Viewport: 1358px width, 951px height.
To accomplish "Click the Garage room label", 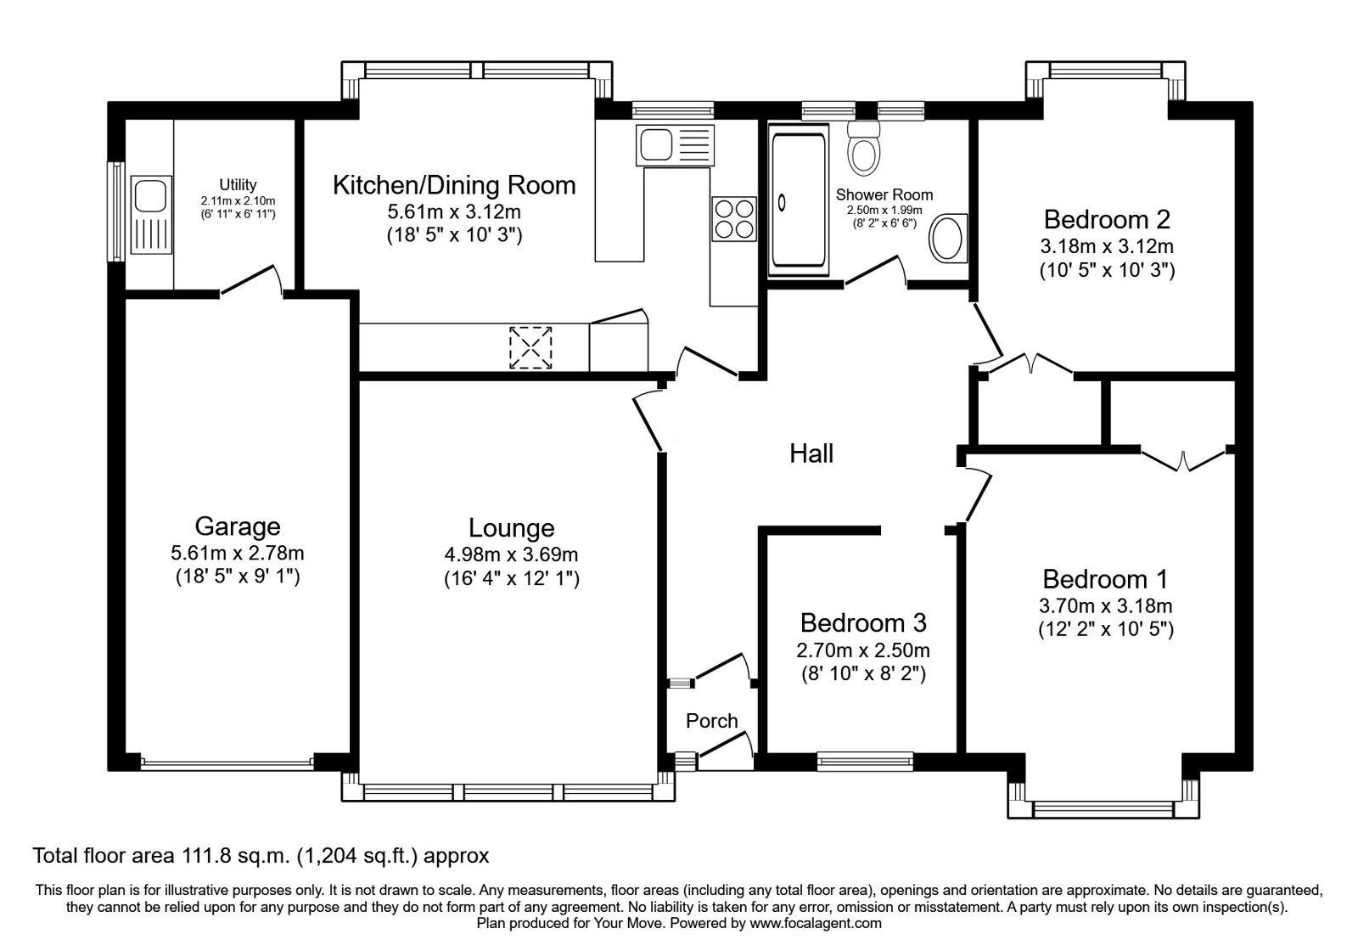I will tap(237, 526).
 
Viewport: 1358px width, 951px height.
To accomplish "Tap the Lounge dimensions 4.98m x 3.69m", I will tap(511, 554).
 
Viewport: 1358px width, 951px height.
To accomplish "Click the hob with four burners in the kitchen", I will tap(732, 218).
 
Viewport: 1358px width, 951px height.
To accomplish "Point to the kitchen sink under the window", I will tap(675, 145).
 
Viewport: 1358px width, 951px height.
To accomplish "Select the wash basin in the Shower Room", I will tap(946, 239).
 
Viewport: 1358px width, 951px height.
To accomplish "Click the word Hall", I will tap(811, 453).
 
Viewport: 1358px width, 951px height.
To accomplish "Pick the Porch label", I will tap(711, 721).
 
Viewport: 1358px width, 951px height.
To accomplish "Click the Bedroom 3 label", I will tap(862, 623).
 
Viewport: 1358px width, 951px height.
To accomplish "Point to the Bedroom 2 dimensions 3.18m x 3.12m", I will tap(1106, 247).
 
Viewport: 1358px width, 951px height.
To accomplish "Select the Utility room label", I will tap(238, 184).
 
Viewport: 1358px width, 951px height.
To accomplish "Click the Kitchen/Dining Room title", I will tap(453, 185).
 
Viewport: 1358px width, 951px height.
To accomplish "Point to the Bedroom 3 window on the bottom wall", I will tap(865, 761).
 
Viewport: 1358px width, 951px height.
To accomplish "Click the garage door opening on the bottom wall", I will tap(227, 762).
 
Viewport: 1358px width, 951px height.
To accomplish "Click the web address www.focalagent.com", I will tap(815, 923).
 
